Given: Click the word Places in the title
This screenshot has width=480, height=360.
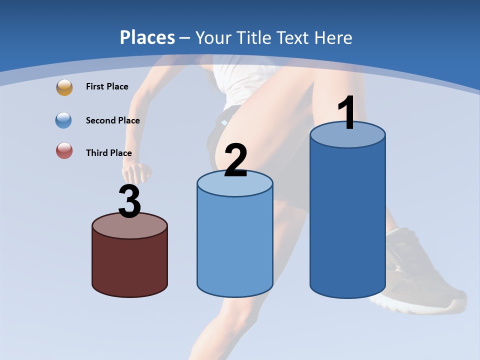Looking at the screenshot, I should pos(147,37).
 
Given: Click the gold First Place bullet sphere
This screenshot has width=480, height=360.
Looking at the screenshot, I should pos(64,87).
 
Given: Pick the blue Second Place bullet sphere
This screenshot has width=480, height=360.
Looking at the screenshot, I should pos(64,120).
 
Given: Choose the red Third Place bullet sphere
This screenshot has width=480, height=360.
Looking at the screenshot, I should pos(64,150).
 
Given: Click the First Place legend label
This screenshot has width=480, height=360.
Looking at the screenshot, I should pos(107,86).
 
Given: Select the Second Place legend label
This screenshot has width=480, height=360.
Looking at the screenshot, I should pos(112,120).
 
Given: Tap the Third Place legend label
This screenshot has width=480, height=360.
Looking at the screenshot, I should pos(109,153).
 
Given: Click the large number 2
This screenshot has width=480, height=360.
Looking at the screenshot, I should pos(235,160).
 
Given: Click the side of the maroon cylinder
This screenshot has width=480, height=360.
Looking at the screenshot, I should pos(130,265).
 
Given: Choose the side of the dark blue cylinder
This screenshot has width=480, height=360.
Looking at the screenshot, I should pos(347,220).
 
